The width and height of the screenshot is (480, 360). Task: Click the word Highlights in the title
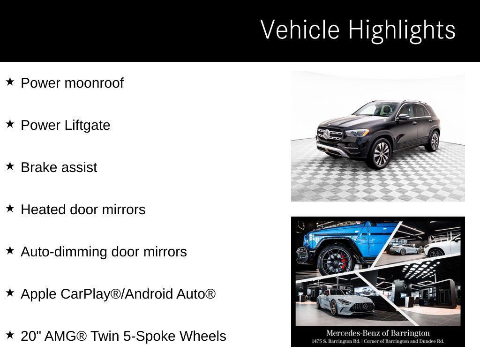[x=402, y=30]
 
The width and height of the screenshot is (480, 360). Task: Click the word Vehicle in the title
[x=300, y=30]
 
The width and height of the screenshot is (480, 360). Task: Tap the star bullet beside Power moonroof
[x=10, y=82]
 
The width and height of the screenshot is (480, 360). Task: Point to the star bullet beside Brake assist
[x=10, y=166]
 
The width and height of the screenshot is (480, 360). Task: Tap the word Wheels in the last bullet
[x=203, y=336]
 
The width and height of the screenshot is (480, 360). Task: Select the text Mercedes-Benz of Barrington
[x=378, y=333]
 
